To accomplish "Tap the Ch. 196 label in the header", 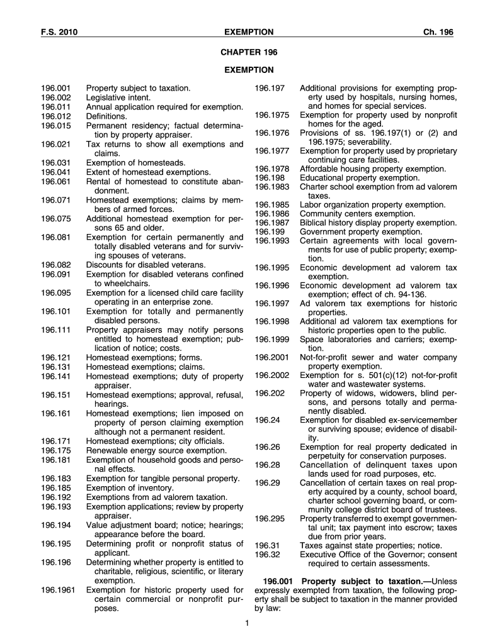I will [x=439, y=32].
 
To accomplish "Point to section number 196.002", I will [x=56, y=98].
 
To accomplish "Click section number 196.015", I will [x=56, y=126].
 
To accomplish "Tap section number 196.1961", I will [x=59, y=590].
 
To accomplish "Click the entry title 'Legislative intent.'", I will [x=118, y=98].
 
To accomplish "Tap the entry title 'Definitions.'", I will [x=106, y=116].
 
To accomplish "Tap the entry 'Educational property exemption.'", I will [x=359, y=177].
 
